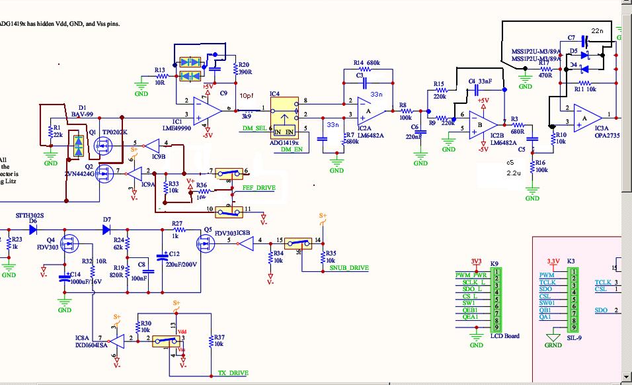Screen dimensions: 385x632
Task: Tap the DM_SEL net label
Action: [255, 128]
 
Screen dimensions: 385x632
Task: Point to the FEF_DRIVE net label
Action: [258, 188]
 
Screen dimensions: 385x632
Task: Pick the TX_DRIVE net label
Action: [233, 373]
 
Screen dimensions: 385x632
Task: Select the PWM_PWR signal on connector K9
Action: [471, 275]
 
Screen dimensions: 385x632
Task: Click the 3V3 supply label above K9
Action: [477, 261]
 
